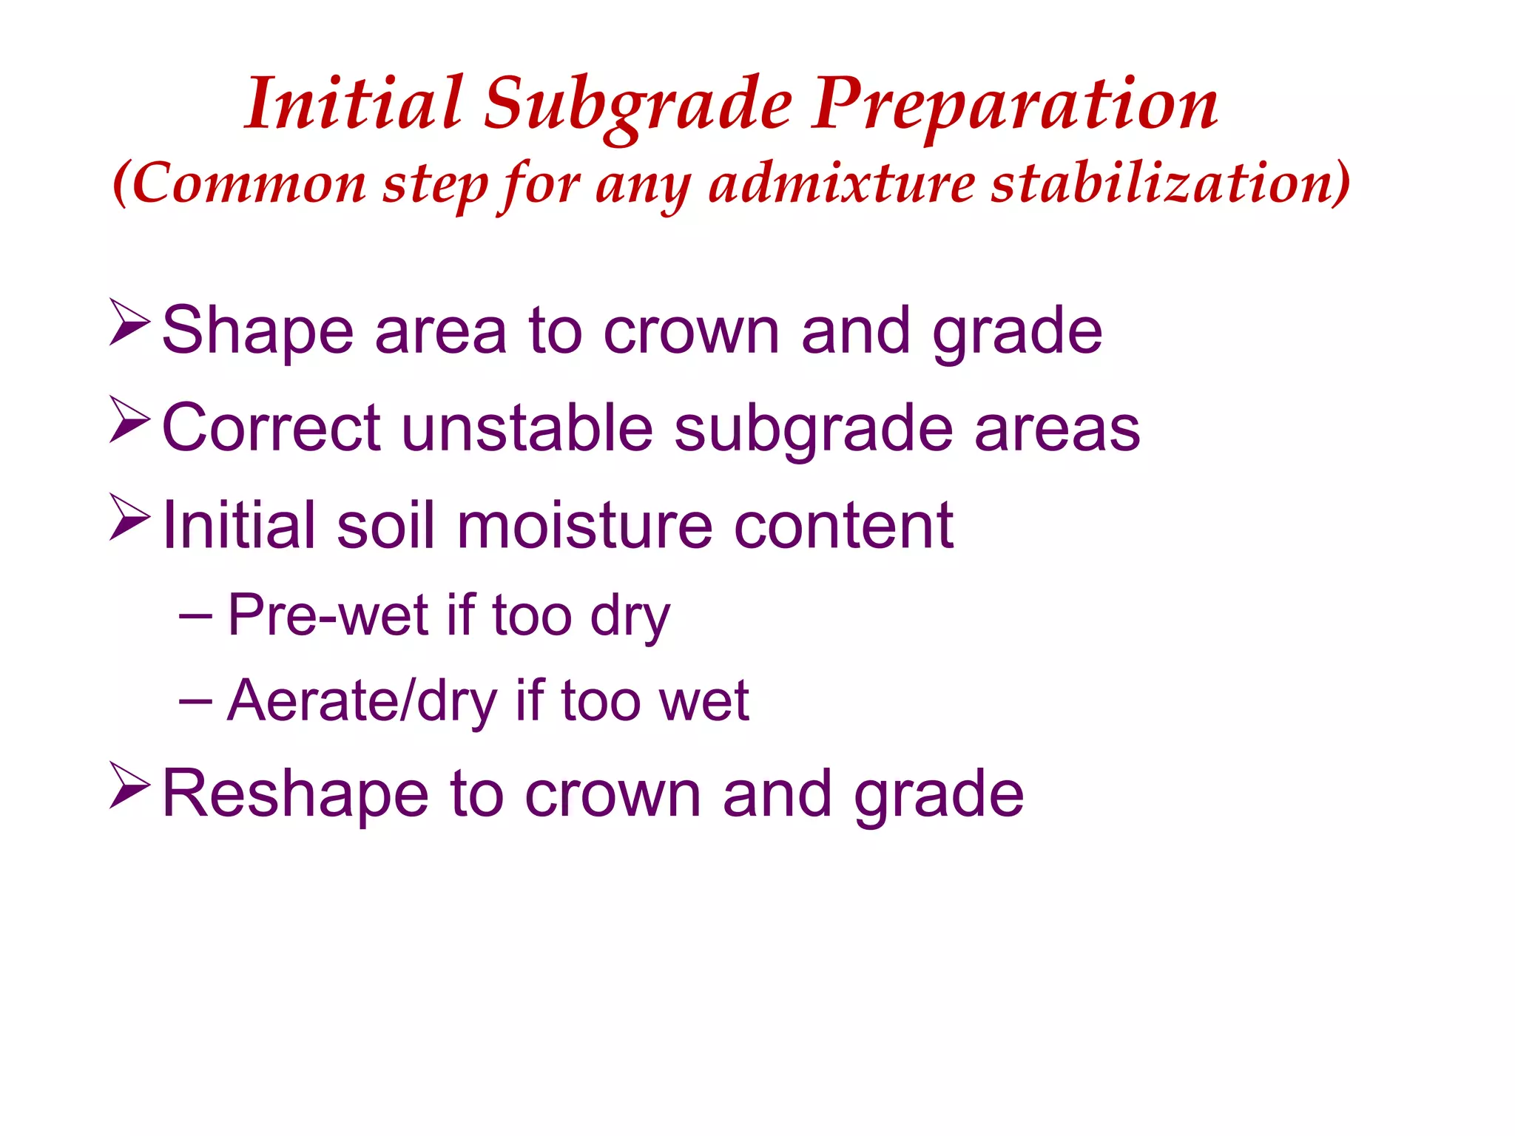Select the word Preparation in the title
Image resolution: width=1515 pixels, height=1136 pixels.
tap(1015, 106)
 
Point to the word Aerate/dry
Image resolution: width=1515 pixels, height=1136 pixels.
tap(362, 700)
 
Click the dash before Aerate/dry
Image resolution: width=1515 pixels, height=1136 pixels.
tap(195, 700)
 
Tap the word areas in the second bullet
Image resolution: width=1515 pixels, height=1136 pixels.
tap(1057, 429)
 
